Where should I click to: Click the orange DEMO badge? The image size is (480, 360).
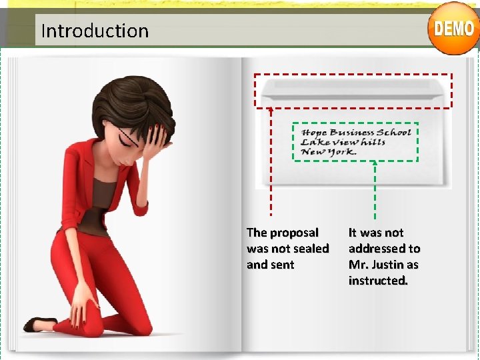(453, 28)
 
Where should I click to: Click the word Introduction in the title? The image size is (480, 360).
(95, 31)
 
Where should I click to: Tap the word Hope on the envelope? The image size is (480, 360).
(314, 132)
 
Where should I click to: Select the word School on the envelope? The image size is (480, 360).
(394, 132)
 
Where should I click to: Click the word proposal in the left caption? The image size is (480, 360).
(294, 233)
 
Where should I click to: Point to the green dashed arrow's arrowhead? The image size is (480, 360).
(375, 162)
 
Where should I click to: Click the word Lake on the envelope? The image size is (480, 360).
(311, 141)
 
